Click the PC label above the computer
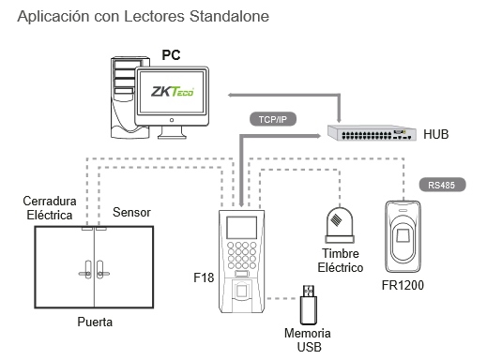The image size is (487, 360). (x=172, y=56)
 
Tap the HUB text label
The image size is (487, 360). (x=436, y=135)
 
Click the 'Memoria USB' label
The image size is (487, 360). (x=308, y=339)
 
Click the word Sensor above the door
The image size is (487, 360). (x=131, y=213)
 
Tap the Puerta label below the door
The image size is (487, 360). (x=94, y=322)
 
